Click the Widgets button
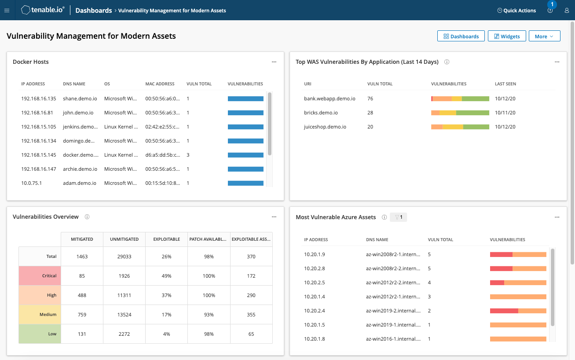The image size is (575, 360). [x=506, y=36]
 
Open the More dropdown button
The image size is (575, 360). [x=544, y=36]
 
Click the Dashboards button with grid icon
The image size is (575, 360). [x=461, y=36]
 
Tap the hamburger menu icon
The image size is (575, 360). [x=7, y=11]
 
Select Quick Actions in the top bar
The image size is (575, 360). [x=516, y=11]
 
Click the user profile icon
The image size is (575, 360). [x=567, y=11]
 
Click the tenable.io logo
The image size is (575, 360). [x=43, y=10]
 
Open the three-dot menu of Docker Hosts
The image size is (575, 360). [x=274, y=62]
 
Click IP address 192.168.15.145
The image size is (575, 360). [x=39, y=155]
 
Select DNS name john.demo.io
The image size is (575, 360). [x=78, y=113]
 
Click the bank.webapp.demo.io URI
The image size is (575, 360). [x=330, y=99]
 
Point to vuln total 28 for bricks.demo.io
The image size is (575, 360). [x=370, y=113]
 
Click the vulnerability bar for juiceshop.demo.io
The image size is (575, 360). [x=460, y=127]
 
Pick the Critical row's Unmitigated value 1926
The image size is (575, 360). [x=124, y=276]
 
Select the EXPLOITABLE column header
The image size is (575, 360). [x=166, y=239]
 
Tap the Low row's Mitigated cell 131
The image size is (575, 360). [x=82, y=334]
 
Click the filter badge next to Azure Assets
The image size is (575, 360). [x=399, y=217]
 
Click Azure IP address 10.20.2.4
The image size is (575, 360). [x=314, y=311]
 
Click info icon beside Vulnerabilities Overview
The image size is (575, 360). [x=87, y=217]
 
